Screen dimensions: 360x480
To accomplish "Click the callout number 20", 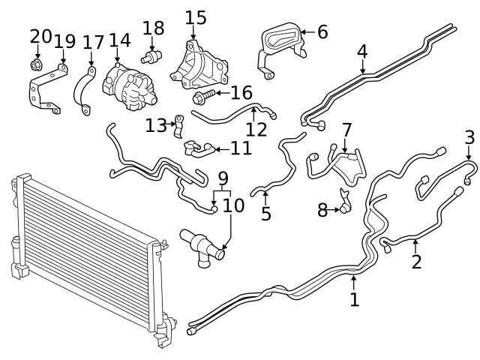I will coord(40,36).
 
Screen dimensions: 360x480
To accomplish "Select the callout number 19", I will coord(64,41).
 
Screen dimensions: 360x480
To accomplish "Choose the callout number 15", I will coord(195,16).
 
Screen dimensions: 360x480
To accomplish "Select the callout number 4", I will coord(362,52).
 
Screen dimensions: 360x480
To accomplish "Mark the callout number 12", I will coord(256,129).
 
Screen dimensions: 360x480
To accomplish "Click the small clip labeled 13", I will coord(178,124).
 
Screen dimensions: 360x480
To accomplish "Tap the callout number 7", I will coord(346,130).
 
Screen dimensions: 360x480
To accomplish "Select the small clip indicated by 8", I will coord(346,202).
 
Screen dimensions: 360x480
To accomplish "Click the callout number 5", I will coord(265,214).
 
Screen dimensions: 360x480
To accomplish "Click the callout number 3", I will coord(469,138).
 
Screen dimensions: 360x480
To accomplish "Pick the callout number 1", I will coord(354,300).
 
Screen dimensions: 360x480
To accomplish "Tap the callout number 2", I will coord(416,262).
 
